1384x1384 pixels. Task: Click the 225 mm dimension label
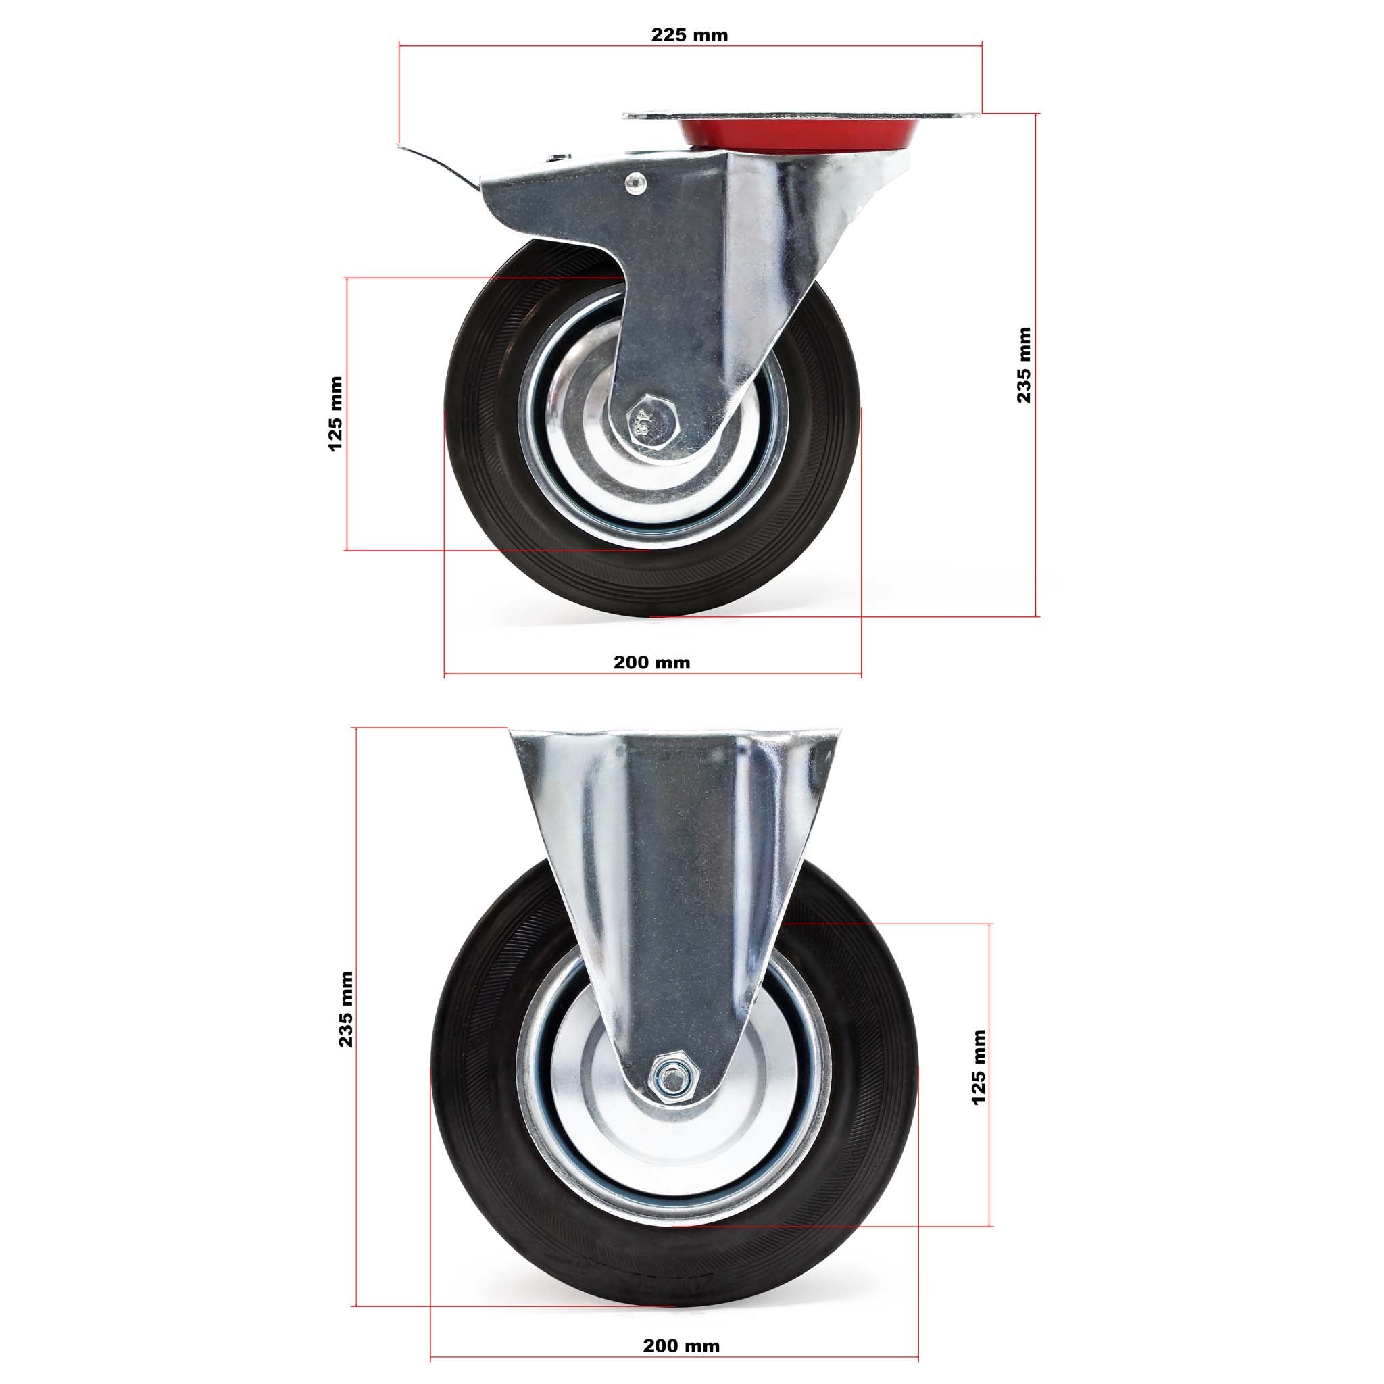point(689,34)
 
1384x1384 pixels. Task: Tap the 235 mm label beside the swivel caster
point(1024,366)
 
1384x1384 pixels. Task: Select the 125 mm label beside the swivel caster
point(335,414)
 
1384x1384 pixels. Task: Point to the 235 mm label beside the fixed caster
point(346,1010)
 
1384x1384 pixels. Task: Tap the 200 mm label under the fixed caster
point(681,1346)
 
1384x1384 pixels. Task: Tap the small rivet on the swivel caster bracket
point(635,182)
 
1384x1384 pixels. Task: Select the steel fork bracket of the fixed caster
point(673,860)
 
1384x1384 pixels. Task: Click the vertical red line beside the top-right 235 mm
point(1036,501)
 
